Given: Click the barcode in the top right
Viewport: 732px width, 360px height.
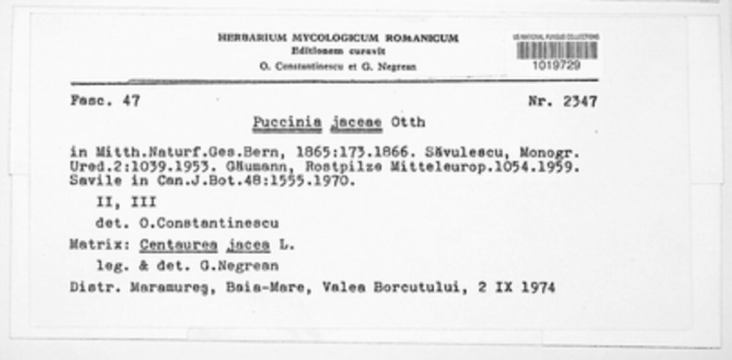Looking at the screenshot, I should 557,50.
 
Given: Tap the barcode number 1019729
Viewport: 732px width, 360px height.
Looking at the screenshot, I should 557,65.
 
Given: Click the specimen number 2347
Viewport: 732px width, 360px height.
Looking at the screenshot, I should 579,101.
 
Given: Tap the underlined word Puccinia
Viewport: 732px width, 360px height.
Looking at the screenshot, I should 287,122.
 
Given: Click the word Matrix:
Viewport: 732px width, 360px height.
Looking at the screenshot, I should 98,245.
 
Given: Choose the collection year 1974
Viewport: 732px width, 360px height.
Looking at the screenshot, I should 537,287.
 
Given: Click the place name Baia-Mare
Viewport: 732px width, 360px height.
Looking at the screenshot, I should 278,287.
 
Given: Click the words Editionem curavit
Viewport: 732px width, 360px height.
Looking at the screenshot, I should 338,51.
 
